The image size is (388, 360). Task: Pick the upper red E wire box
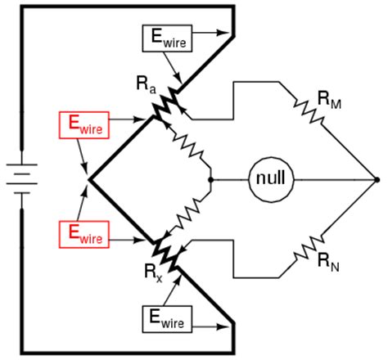tap(83, 124)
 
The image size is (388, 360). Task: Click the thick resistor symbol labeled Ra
tap(167, 104)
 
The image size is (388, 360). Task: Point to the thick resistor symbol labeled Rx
tap(167, 253)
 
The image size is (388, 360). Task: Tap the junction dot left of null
tap(211, 178)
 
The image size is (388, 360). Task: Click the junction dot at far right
tap(376, 178)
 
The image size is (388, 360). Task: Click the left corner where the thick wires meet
tap(88, 178)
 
